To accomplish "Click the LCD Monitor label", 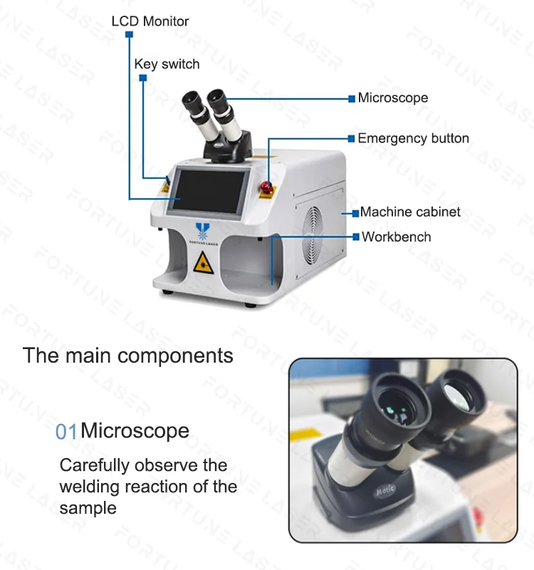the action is pos(150,21).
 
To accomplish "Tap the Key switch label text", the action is pos(167,64).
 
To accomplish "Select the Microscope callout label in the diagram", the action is pos(393,98).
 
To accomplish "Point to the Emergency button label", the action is pos(413,138).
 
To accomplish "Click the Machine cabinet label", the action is pos(410,212).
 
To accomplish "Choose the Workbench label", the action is pos(396,237).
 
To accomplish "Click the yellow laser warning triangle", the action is pos(202,263).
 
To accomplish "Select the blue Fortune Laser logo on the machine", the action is pos(202,232).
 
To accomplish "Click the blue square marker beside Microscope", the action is pos(352,98).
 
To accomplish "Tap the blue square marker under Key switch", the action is pos(143,78).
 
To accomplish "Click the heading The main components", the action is pos(128,355).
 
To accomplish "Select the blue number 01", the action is pos(66,431).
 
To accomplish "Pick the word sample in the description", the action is pos(88,508).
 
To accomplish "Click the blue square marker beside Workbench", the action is pos(356,237).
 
